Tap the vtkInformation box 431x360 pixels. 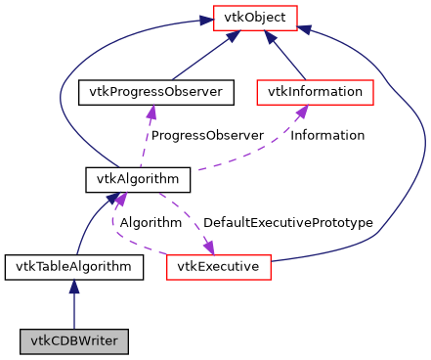click(x=316, y=93)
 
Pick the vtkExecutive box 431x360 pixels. click(x=218, y=265)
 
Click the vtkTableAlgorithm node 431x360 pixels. click(x=75, y=265)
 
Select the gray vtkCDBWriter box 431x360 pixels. click(x=75, y=342)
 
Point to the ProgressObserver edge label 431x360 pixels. click(x=207, y=135)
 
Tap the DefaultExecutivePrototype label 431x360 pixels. click(x=287, y=223)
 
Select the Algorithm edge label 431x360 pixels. click(x=151, y=223)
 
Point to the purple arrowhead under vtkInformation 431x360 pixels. click(x=303, y=112)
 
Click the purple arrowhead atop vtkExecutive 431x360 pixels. click(x=208, y=246)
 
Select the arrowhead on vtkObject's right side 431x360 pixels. click(x=304, y=29)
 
